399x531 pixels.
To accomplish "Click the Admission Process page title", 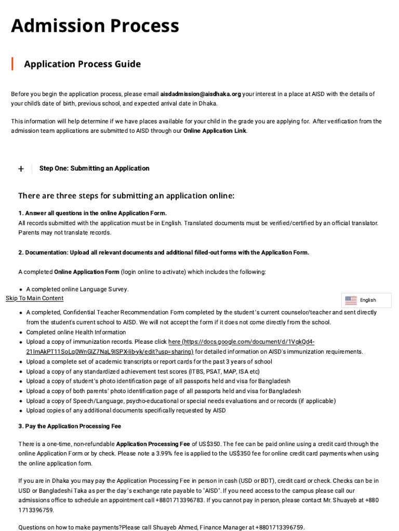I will point(95,25).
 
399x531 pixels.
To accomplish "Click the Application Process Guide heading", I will point(82,64).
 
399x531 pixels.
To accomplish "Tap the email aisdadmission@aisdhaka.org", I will point(201,94).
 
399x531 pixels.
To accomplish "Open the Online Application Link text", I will point(215,131).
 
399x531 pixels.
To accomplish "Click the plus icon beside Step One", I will point(21,169).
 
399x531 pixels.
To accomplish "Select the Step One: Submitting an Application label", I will point(94,169).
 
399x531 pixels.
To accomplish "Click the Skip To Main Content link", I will point(34,298).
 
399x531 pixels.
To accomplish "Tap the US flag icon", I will point(351,300).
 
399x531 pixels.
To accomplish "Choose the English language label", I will point(368,300).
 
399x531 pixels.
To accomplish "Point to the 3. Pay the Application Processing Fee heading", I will point(70,426).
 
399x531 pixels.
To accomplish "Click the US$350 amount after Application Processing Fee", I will point(203,444).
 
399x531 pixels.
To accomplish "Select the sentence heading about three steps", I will point(126,195).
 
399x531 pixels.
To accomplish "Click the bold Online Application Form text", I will point(87,272).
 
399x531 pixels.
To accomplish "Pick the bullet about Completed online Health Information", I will point(76,332).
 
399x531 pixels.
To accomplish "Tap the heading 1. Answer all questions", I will point(92,213).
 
